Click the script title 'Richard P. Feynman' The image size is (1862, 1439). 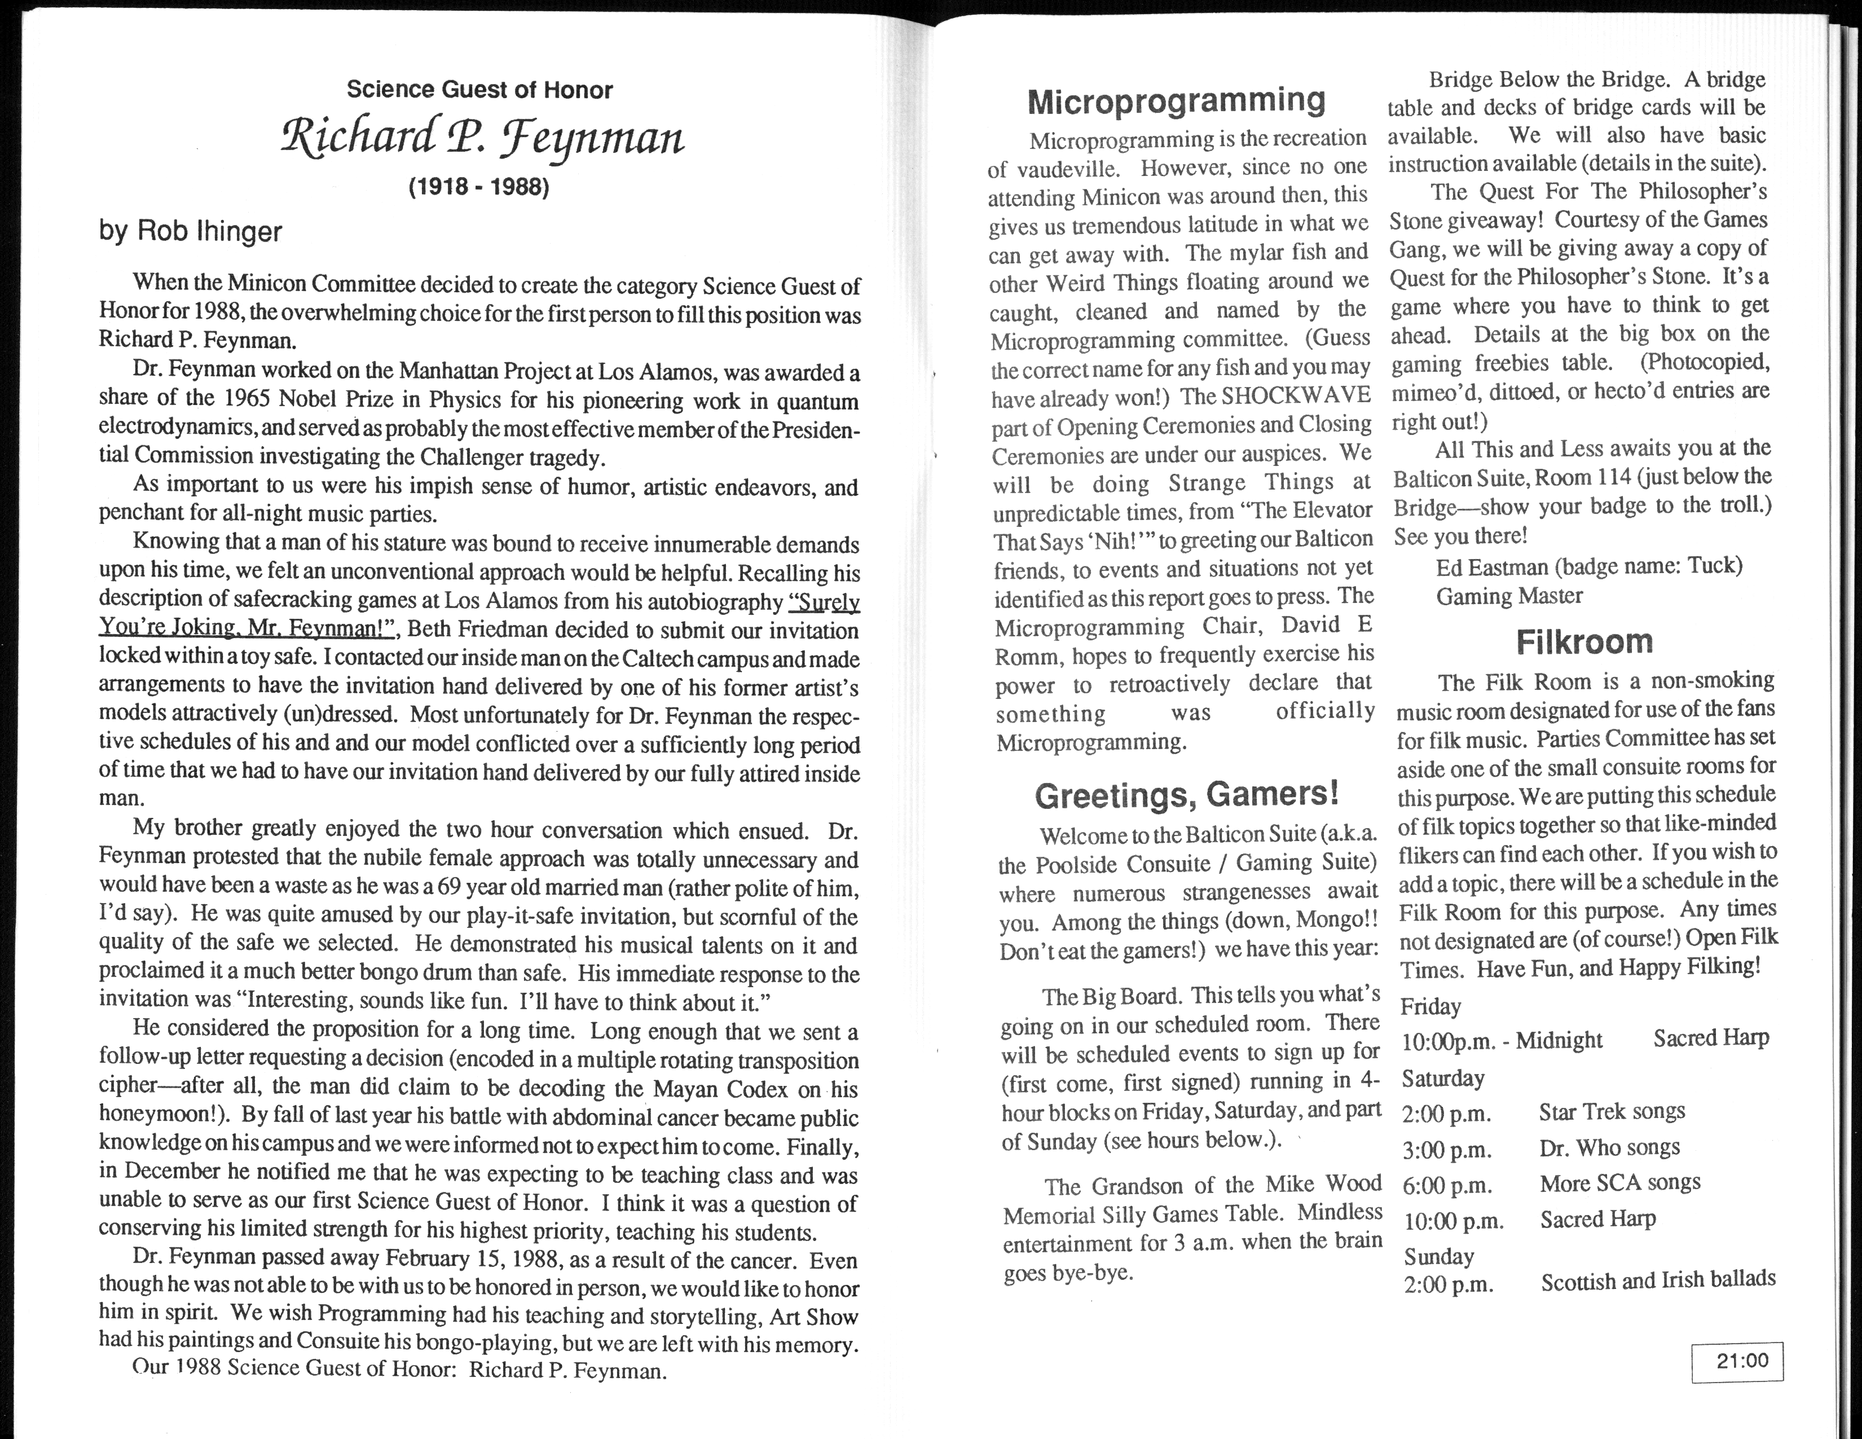(x=482, y=138)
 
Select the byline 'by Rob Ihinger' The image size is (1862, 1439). (x=190, y=231)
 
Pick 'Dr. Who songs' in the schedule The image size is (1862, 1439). (x=1609, y=1147)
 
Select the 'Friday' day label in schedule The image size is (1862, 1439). (x=1430, y=1007)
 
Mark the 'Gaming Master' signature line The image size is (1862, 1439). (x=1509, y=596)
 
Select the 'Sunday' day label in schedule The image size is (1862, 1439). (x=1438, y=1257)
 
